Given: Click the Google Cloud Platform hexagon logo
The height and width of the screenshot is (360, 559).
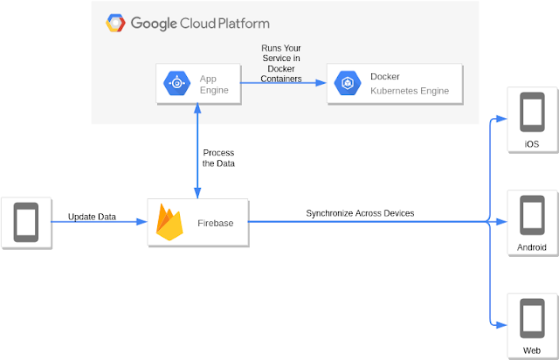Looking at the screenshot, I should [x=115, y=23].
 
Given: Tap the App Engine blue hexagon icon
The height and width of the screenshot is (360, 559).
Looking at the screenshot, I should [x=177, y=84].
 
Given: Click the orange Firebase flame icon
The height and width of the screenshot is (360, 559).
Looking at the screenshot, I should [x=169, y=222].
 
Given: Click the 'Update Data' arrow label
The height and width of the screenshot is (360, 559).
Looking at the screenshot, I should [x=93, y=216].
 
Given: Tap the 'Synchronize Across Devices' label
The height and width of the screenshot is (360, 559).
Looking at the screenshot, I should [x=360, y=213].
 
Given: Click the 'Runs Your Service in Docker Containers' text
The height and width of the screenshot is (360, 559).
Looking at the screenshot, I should [x=281, y=63].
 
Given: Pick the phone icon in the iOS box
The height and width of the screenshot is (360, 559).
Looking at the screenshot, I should [x=532, y=114].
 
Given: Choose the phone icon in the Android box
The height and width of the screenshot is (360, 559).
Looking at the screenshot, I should [x=532, y=214].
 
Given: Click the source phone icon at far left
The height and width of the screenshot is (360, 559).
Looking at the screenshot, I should [x=25, y=222].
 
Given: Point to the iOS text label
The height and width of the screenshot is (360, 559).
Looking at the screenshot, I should [x=532, y=144].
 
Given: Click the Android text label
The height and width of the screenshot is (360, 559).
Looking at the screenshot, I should [x=532, y=247].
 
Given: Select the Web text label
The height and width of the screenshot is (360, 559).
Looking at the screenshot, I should [x=532, y=350].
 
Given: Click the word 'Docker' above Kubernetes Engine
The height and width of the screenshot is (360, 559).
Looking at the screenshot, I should [x=385, y=77].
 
